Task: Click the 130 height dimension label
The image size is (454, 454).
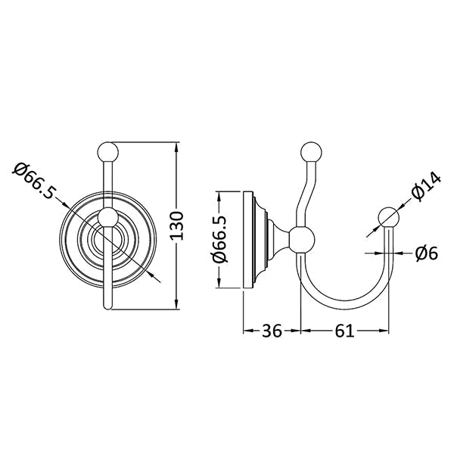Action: tap(176, 225)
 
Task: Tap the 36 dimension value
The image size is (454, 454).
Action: tap(272, 331)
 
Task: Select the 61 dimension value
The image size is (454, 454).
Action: tap(344, 331)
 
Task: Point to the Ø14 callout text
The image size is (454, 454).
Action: tap(425, 185)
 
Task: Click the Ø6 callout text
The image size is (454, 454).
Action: tap(427, 253)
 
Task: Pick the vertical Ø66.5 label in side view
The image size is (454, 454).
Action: tap(221, 239)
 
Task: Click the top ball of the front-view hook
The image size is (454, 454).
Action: tap(108, 151)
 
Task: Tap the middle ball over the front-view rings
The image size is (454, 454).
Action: tap(107, 217)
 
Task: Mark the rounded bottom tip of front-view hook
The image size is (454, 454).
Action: tap(107, 308)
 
